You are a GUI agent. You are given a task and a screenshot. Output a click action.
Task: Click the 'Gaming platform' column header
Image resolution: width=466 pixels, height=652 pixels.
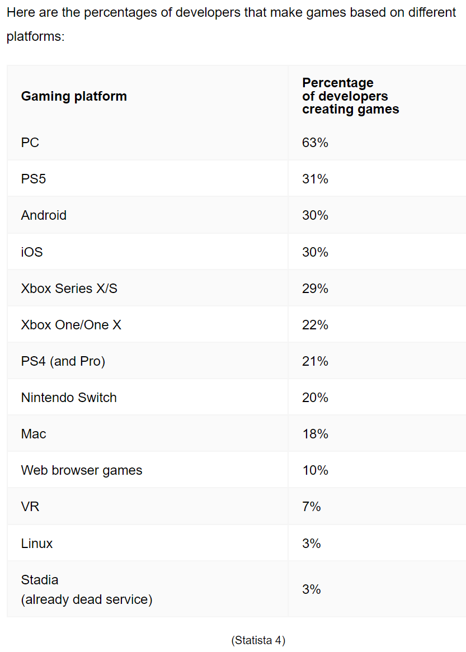(x=74, y=96)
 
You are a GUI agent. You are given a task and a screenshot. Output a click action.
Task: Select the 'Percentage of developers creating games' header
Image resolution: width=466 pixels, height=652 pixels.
(x=350, y=96)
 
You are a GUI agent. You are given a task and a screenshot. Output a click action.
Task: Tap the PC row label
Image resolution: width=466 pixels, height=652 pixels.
(x=30, y=143)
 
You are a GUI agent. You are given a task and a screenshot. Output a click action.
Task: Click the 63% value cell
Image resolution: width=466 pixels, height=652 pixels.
(x=315, y=143)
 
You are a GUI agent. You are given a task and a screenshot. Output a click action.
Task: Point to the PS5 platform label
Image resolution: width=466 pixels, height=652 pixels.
(x=34, y=179)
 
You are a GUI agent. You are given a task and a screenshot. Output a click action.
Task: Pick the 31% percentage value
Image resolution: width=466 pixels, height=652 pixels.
(x=315, y=179)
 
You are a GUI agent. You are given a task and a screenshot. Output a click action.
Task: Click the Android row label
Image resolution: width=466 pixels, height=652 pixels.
(x=44, y=215)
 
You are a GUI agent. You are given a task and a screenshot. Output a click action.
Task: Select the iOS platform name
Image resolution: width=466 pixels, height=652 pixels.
(x=32, y=252)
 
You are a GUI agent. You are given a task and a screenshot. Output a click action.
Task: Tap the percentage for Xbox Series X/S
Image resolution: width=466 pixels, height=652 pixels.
(x=315, y=289)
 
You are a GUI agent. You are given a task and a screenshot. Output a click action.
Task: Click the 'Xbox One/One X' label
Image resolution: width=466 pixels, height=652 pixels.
(x=71, y=325)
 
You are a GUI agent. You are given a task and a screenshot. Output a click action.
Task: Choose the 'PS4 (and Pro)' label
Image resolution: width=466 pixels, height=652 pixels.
(x=63, y=361)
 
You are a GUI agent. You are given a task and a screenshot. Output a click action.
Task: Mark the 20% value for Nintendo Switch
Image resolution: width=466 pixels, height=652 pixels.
(x=315, y=398)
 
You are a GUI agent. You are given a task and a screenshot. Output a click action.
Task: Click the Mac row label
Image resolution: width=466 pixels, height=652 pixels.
(x=34, y=434)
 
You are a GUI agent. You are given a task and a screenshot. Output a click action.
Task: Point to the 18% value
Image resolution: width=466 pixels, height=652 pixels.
(x=315, y=434)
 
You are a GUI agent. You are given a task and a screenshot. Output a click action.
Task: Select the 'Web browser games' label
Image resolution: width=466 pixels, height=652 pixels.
(x=82, y=470)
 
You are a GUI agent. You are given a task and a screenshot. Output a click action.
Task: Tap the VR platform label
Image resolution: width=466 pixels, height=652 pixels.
(x=30, y=507)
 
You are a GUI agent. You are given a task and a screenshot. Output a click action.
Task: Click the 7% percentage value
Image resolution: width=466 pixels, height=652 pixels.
(x=312, y=507)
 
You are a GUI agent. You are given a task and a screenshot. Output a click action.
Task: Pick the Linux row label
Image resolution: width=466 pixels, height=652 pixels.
(x=37, y=543)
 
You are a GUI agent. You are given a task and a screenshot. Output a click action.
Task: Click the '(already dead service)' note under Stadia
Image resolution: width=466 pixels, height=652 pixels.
(x=87, y=599)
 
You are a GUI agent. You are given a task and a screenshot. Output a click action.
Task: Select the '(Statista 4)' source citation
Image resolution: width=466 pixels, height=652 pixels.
(x=258, y=640)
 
